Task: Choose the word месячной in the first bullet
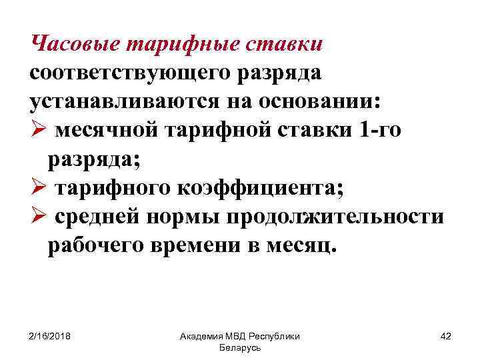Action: [x=107, y=129]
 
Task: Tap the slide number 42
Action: [x=446, y=336]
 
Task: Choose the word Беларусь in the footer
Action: [x=239, y=348]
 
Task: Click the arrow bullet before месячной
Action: [x=37, y=129]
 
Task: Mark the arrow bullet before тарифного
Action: [x=37, y=188]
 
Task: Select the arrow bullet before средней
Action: [x=37, y=217]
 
